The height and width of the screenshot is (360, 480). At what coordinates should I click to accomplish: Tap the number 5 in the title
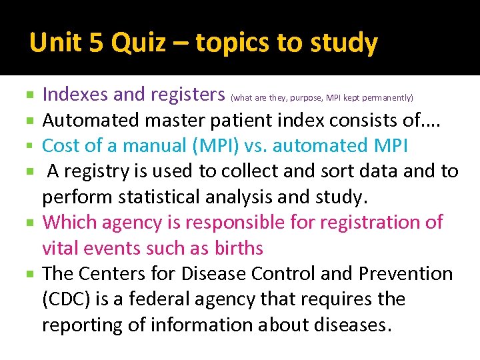(95, 43)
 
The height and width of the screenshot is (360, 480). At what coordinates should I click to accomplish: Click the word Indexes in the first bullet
(75, 95)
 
